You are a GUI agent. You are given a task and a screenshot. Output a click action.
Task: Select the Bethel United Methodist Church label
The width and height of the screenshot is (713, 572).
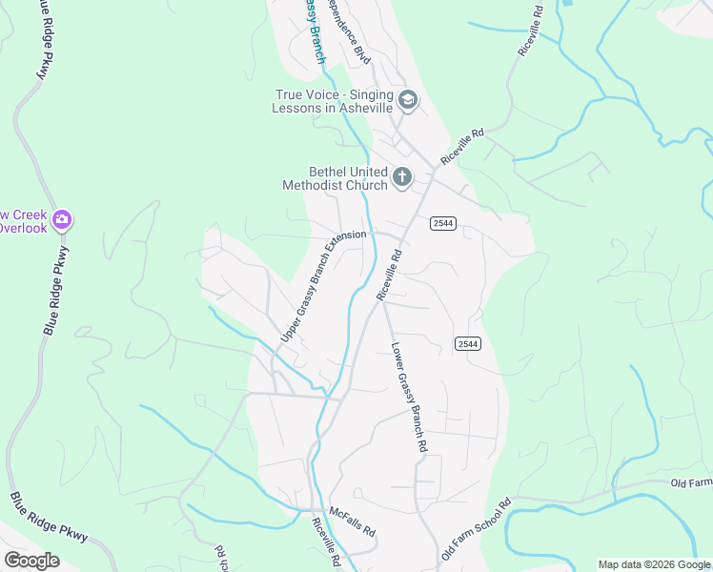click(335, 178)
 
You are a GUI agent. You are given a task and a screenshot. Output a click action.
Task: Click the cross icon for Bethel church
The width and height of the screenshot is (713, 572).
click(402, 177)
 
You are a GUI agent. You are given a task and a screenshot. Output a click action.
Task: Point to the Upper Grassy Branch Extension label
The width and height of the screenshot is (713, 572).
click(323, 286)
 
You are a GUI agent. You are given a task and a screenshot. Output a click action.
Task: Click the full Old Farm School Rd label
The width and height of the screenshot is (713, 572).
click(478, 529)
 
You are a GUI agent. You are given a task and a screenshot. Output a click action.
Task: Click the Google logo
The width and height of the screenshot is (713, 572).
click(31, 560)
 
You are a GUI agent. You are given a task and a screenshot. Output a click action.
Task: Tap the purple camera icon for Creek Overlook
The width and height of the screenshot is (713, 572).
click(62, 220)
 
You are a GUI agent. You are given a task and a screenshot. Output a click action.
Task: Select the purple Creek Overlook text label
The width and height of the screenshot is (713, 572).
click(23, 221)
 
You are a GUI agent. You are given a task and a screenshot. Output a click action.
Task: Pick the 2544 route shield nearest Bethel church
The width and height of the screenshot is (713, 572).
click(442, 223)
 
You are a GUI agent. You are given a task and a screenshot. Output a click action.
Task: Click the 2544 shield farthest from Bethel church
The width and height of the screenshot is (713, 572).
click(466, 343)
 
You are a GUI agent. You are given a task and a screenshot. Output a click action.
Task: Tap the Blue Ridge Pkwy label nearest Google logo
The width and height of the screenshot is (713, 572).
click(51, 519)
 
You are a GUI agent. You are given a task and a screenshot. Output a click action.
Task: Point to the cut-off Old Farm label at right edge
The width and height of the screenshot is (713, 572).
click(691, 483)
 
